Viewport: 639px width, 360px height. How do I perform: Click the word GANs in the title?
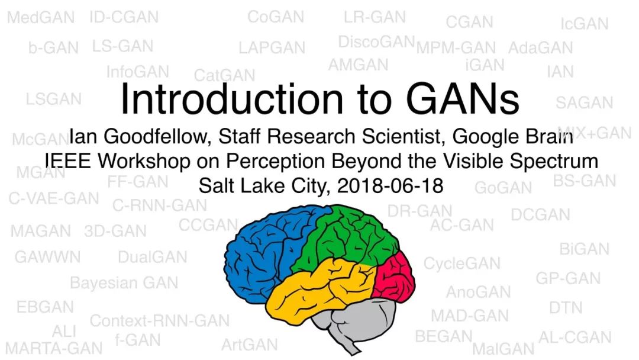pyautogui.click(x=463, y=99)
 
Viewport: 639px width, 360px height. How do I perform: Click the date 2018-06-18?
pyautogui.click(x=390, y=186)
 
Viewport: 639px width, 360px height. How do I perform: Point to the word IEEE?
pyautogui.click(x=67, y=160)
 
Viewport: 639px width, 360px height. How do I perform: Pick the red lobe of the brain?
pyautogui.click(x=393, y=277)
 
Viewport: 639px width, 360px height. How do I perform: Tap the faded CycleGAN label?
pyautogui.click(x=461, y=263)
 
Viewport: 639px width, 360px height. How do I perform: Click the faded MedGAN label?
pyautogui.click(x=41, y=18)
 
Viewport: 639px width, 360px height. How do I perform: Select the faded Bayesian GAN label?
pyautogui.click(x=124, y=283)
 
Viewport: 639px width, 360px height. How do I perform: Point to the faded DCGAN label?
pyautogui.click(x=540, y=215)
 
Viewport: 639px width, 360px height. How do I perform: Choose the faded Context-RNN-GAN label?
pyautogui.click(x=159, y=321)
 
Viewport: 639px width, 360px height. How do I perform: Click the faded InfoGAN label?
pyautogui.click(x=138, y=72)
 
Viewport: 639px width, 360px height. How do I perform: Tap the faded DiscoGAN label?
pyautogui.click(x=376, y=41)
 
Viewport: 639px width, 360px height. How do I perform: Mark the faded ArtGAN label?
pyautogui.click(x=250, y=345)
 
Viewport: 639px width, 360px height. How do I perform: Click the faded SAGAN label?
pyautogui.click(x=585, y=103)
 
